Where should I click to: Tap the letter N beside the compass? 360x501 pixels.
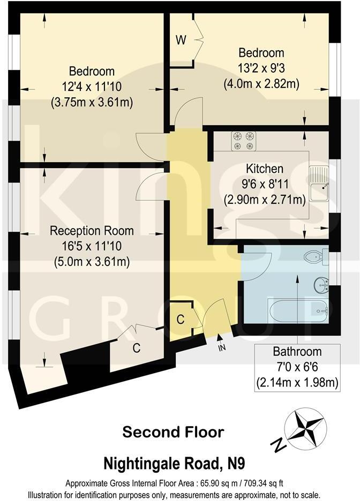tap(277, 444)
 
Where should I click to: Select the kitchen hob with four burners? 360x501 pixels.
tap(243, 141)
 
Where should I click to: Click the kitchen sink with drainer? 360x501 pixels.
tap(320, 183)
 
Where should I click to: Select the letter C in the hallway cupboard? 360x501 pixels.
tap(181, 320)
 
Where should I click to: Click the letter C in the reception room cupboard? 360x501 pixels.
tap(137, 348)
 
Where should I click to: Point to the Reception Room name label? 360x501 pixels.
tap(92, 231)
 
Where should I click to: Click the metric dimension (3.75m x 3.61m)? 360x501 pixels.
tap(92, 101)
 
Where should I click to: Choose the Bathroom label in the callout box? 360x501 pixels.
tap(297, 352)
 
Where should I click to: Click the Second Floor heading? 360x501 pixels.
tap(172, 432)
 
